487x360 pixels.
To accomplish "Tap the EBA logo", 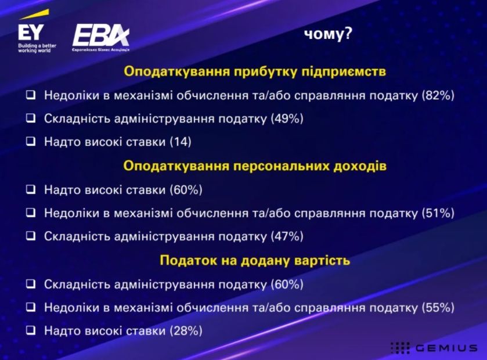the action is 101,38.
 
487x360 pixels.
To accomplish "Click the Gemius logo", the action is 434,348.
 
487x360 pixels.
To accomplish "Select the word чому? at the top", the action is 328,34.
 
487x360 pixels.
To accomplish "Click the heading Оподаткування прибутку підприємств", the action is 255,71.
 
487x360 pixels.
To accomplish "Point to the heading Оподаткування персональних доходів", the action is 255,166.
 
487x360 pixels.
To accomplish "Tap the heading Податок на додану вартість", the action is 255,260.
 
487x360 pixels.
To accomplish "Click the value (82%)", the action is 438,95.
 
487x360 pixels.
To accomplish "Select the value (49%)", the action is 287,118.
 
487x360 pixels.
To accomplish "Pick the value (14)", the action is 181,142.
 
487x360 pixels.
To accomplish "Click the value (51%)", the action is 438,213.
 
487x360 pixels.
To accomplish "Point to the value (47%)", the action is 287,236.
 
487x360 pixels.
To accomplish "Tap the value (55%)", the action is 438,308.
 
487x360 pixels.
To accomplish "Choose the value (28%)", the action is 186,331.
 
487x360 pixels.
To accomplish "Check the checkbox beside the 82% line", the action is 31,95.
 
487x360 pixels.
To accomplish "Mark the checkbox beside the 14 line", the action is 31,142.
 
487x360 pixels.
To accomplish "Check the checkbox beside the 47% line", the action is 31,236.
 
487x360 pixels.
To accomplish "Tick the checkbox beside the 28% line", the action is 31,330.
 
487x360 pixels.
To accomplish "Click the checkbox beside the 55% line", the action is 31,307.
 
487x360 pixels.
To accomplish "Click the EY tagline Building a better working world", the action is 37,48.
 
